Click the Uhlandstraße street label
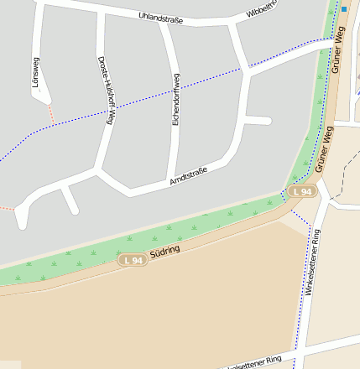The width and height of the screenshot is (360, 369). coord(160,17)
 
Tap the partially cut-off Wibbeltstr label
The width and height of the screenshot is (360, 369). coord(262,11)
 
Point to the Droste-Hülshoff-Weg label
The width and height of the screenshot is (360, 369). coord(105,90)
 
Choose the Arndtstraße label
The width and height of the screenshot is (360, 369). coord(188,176)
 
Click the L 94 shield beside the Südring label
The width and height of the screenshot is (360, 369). coord(133,261)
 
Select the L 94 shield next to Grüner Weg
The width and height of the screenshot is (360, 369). coord(304,192)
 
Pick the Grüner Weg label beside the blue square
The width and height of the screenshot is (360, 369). coord(338,50)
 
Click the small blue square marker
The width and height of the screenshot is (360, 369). coord(344,9)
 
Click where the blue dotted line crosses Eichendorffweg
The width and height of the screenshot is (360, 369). coord(175,86)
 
